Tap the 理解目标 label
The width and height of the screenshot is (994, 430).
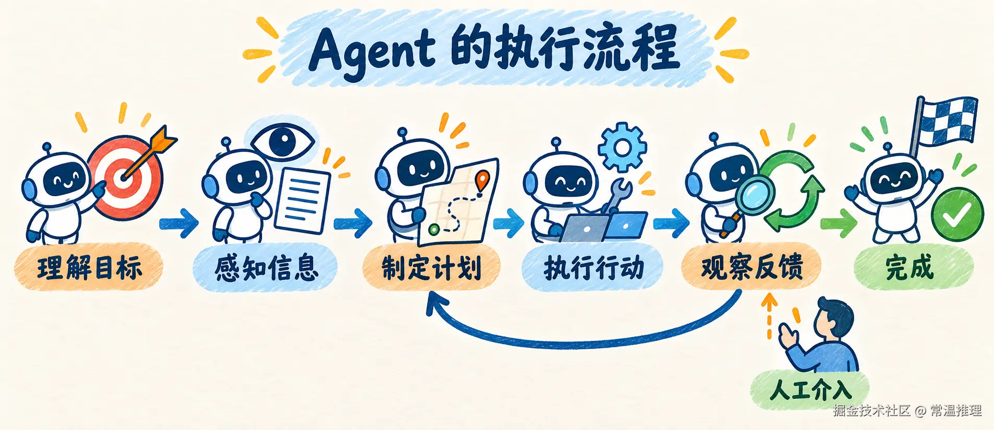tap(89, 267)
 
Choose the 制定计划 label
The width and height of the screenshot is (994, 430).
tap(431, 267)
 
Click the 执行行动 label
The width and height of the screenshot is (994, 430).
tap(593, 267)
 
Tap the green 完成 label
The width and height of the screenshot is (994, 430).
tap(913, 267)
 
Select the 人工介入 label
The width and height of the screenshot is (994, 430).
tap(810, 389)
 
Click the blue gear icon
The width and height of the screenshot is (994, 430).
tap(622, 147)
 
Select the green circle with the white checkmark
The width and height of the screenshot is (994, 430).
tap(957, 214)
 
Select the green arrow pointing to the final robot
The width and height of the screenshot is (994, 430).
tap(839, 223)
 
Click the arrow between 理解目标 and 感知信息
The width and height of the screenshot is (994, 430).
tap(179, 223)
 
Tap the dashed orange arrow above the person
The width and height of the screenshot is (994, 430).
tap(769, 316)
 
